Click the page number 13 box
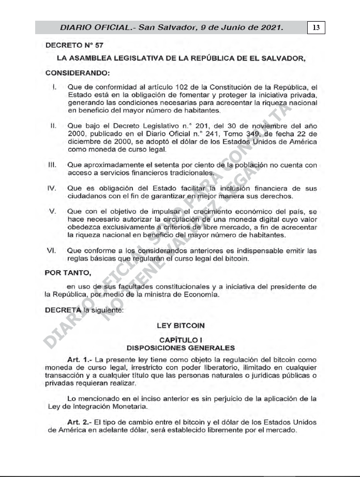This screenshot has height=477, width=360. click(316, 26)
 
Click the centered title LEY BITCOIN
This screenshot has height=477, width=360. click(179, 325)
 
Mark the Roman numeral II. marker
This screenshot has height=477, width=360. click(53, 125)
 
